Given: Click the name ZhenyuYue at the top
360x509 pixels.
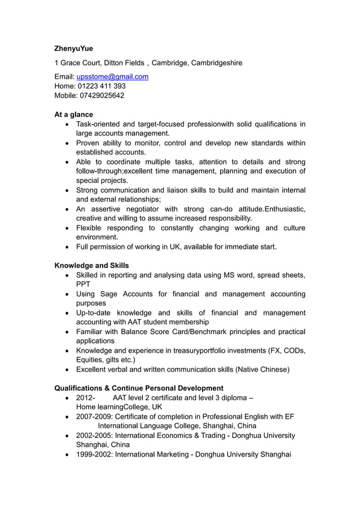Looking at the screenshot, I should [73, 49].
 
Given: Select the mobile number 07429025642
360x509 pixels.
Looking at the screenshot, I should [101, 95].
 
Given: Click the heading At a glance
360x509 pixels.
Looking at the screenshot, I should [73, 115].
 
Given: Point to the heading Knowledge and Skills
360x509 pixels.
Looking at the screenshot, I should [91, 265].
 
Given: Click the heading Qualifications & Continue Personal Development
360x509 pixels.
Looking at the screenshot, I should [138, 388].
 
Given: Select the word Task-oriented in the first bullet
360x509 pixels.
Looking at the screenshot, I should [98, 124].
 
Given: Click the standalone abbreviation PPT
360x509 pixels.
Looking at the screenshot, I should [83, 284].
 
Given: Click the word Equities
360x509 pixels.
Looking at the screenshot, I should [91, 360].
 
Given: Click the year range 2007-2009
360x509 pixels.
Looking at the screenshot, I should [94, 416].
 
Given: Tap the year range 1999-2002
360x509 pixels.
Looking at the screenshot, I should [94, 454].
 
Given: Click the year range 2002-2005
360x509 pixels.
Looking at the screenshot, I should [94, 436].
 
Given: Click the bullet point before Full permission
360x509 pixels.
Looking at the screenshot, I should [68, 247].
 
